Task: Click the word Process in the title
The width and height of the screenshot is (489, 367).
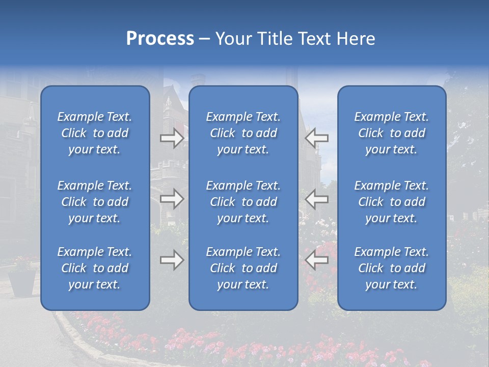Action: (x=160, y=39)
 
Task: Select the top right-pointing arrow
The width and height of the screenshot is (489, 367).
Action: (x=172, y=138)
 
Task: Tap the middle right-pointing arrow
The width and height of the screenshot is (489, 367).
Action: (x=172, y=199)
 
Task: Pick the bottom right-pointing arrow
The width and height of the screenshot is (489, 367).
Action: (x=172, y=260)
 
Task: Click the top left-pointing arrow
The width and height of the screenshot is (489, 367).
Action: (x=317, y=138)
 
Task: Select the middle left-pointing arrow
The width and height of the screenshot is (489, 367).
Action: (x=317, y=199)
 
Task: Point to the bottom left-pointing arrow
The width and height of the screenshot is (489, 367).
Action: (x=317, y=260)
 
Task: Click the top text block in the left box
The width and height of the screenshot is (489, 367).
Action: (x=95, y=133)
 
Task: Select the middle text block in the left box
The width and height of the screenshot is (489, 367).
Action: (x=95, y=202)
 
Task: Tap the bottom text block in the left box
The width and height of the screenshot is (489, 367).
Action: (x=95, y=268)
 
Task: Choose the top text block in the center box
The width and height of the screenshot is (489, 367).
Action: (x=243, y=133)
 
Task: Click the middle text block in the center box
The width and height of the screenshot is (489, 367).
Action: (x=243, y=202)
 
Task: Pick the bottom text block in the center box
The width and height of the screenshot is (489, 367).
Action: (x=243, y=268)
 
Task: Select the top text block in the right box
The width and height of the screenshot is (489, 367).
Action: (x=392, y=133)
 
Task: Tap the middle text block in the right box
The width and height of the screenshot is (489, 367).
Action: (x=392, y=202)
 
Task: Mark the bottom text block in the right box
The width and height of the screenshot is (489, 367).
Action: (x=392, y=268)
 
